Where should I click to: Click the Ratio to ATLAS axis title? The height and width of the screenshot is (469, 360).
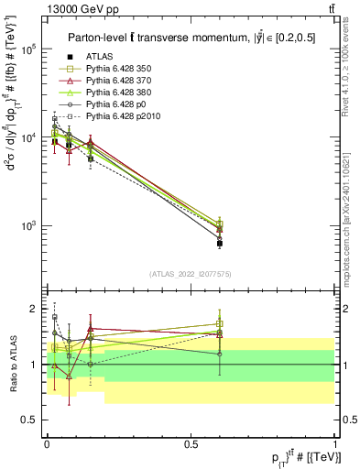click(12, 364)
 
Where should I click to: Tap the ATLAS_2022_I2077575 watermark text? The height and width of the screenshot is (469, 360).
click(191, 274)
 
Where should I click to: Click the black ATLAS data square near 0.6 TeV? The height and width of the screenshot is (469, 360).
click(220, 243)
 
